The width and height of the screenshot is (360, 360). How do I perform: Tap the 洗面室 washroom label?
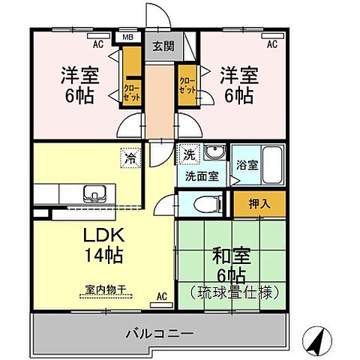pos(202,177)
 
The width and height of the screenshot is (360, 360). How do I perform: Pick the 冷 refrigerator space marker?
pos(131,158)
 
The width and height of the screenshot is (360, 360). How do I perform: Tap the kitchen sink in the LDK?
pos(95,194)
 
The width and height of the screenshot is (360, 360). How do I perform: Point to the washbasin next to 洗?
pos(214,152)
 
